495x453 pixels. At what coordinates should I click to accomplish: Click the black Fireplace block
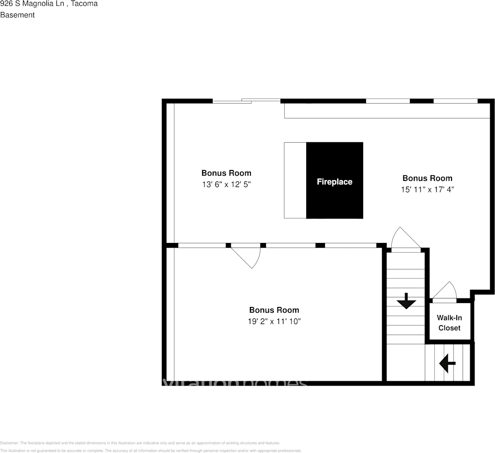pyautogui.click(x=334, y=180)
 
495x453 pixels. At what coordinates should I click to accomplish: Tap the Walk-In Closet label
pyautogui.click(x=449, y=323)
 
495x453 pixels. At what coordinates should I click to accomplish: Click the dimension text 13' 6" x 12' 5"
pyautogui.click(x=226, y=183)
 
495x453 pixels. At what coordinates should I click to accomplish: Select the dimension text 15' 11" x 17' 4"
pyautogui.click(x=427, y=189)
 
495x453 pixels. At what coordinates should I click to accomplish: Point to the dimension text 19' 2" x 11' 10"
pyautogui.click(x=274, y=321)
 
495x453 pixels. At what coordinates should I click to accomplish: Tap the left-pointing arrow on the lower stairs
pyautogui.click(x=447, y=363)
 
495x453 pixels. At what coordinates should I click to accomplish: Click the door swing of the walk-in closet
pyautogui.click(x=446, y=291)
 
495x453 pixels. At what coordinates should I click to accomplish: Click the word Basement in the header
pyautogui.click(x=17, y=15)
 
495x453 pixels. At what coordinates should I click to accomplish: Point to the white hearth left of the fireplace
pyautogui.click(x=295, y=180)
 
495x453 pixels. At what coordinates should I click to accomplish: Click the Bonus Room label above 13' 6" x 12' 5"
pyautogui.click(x=226, y=173)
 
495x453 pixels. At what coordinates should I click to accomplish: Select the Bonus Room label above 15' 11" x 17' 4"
pyautogui.click(x=427, y=178)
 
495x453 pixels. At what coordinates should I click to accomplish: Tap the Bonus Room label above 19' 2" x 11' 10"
pyautogui.click(x=274, y=310)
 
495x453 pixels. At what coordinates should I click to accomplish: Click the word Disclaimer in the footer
pyautogui.click(x=10, y=443)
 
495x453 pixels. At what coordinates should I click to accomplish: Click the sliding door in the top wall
pyautogui.click(x=247, y=101)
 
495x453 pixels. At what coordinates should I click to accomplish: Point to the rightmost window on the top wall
pyautogui.click(x=455, y=101)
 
